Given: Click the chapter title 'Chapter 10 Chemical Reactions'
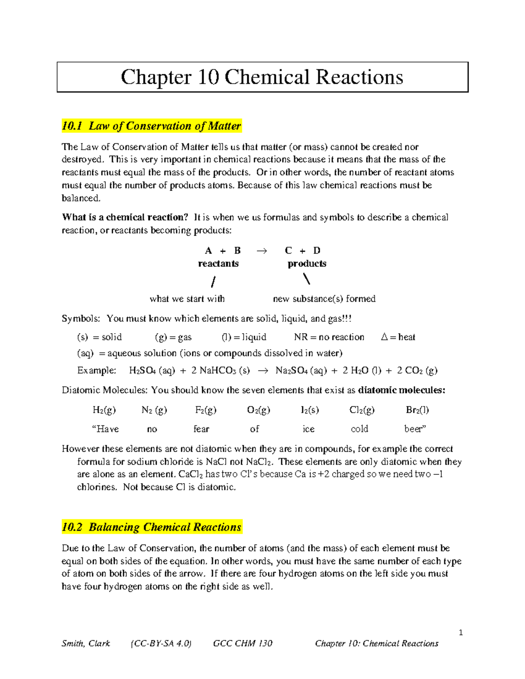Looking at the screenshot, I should (262, 77).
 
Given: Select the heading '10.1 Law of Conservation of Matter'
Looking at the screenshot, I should (151, 126).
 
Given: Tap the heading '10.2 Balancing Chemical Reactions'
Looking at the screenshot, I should (151, 527).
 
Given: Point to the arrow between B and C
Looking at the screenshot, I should (262, 251).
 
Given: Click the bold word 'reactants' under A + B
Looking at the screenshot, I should (218, 264).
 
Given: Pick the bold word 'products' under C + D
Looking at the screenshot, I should (307, 264).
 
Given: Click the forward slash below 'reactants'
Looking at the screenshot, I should (213, 282).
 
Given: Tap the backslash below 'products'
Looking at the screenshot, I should (307, 279).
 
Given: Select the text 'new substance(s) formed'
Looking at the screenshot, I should (324, 299).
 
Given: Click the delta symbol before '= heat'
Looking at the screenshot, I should (384, 337).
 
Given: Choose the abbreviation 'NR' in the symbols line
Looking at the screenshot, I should (301, 337).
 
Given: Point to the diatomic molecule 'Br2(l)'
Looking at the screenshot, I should (417, 410).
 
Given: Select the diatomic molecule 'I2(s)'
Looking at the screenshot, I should (310, 410).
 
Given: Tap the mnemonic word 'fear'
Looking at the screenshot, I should (201, 429).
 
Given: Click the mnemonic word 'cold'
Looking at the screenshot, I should (359, 429).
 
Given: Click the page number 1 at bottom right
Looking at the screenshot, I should (461, 632).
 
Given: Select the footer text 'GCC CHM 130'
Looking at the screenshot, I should (242, 643).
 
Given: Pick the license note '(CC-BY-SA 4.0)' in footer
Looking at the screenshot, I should (161, 643).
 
